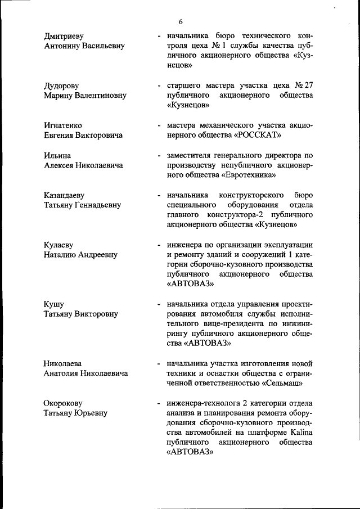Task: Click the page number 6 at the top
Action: [181, 21]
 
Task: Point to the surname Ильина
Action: [58, 155]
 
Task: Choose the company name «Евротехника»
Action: [246, 175]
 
